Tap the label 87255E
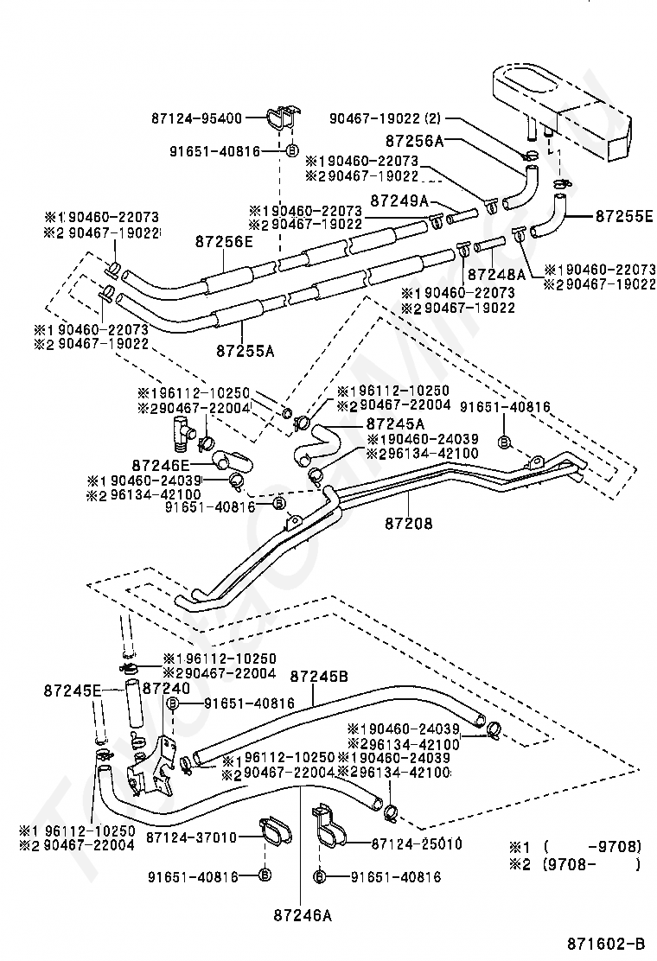623,216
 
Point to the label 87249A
399,200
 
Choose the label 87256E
223,243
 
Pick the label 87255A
245,351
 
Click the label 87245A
395,423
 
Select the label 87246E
162,464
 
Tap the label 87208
409,523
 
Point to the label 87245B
318,677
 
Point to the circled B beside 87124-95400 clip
291,151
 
